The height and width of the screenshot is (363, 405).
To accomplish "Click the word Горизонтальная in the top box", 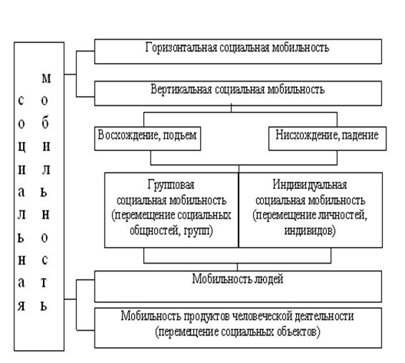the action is click(x=181, y=48).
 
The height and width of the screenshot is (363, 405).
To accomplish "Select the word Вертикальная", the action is click(x=181, y=89).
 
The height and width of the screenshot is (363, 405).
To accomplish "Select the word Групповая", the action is click(x=171, y=185).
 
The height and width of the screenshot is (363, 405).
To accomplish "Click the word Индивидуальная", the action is click(x=310, y=185).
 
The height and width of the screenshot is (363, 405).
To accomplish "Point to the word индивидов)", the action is click(x=310, y=231).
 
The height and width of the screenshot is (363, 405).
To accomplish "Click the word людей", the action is click(x=269, y=279).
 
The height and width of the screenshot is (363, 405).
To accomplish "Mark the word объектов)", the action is click(x=299, y=331).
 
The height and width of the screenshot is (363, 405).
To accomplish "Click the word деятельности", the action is click(x=324, y=316).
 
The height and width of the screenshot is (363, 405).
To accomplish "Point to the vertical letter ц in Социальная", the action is click(x=22, y=147).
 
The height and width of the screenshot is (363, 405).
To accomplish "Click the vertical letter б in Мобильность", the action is click(x=44, y=122).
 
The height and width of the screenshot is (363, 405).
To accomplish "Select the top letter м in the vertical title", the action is click(x=46, y=78).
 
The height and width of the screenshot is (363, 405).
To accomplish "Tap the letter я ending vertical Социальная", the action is click(x=22, y=306).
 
